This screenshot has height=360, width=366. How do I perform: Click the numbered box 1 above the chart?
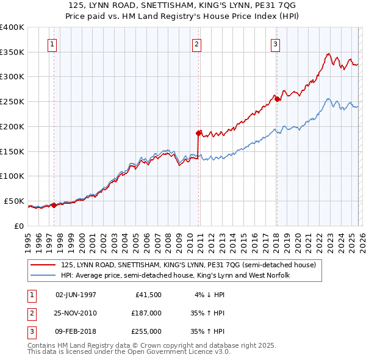tap(53, 44)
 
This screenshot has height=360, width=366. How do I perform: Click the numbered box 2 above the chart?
tap(197, 44)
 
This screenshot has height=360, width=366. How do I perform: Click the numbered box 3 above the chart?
tap(276, 44)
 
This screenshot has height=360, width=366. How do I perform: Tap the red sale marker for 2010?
tap(199, 132)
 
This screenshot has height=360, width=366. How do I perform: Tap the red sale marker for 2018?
tap(276, 99)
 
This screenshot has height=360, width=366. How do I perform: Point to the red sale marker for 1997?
tap(54, 205)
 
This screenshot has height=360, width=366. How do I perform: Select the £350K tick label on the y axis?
tap(12, 52)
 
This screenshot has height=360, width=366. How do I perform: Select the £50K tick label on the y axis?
tap(14, 201)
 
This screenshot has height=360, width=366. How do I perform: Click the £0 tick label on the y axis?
tap(19, 226)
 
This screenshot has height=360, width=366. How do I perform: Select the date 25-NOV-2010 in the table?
tap(76, 313)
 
